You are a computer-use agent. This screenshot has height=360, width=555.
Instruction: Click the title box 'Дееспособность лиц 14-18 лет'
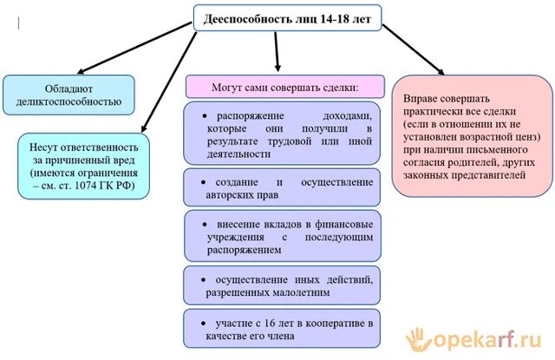coord(286,17)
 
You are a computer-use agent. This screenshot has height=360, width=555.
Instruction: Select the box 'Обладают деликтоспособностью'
coord(69,95)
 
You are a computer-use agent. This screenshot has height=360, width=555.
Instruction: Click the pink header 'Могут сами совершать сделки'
coord(284,87)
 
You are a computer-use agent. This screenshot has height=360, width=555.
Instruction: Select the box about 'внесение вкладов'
coord(283,235)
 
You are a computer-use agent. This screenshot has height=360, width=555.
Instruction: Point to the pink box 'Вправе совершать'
coord(471,137)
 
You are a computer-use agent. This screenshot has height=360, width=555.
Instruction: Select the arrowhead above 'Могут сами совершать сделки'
coord(277,69)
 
